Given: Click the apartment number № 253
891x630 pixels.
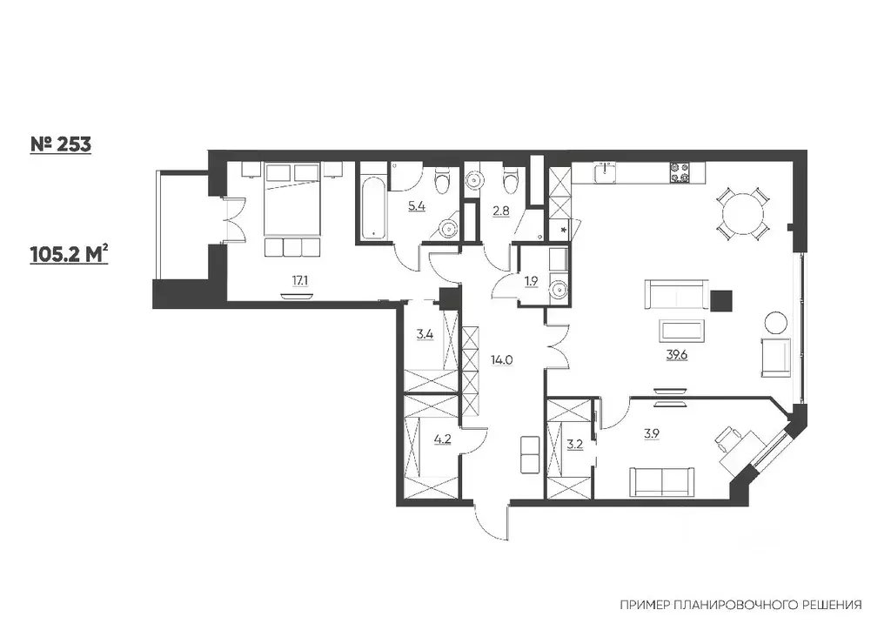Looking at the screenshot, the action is point(60,144).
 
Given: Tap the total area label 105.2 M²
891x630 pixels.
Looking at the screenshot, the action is point(69,254).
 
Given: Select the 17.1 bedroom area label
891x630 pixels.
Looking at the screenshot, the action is point(300,280).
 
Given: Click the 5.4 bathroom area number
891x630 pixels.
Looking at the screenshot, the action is point(417,205).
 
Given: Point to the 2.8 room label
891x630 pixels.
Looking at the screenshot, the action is point(500,211).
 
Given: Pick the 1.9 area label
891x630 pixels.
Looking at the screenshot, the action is point(531,281).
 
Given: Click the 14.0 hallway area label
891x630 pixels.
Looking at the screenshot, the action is point(502,359).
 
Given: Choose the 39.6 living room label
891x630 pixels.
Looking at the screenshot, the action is point(677,355).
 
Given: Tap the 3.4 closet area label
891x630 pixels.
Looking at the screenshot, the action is point(425,334).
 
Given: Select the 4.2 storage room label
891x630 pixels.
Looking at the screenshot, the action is point(442,439).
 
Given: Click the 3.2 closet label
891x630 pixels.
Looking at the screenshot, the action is point(575,445).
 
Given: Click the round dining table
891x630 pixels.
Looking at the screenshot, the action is point(743,215).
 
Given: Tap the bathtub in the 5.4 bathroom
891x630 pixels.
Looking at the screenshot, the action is point(372,202).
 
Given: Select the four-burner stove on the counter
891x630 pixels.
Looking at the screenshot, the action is point(680,173).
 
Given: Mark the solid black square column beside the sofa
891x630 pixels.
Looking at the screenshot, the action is point(721,301).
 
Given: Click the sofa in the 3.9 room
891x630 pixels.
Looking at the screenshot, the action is point(662,482).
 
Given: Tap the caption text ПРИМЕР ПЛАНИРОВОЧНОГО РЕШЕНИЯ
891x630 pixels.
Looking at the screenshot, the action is point(740,605).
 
